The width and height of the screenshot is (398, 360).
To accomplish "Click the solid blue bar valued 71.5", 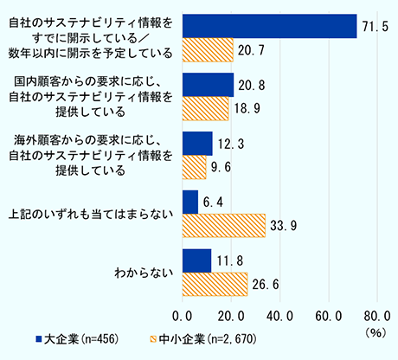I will click(269, 27).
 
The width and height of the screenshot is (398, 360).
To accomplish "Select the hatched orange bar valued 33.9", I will click(224, 225).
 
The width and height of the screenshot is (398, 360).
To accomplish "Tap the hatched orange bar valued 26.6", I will click(215, 285).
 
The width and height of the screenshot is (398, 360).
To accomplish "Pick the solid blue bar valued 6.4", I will click(190, 202).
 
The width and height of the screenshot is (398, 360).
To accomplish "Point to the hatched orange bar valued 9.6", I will click(195, 167).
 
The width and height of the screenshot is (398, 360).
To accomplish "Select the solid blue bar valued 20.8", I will click(208, 85).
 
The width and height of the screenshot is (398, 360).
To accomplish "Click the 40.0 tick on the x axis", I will click(279, 315).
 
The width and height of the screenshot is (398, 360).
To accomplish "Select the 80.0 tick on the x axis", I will click(376, 315).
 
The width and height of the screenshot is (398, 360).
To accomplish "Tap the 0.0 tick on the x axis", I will click(183, 315).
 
